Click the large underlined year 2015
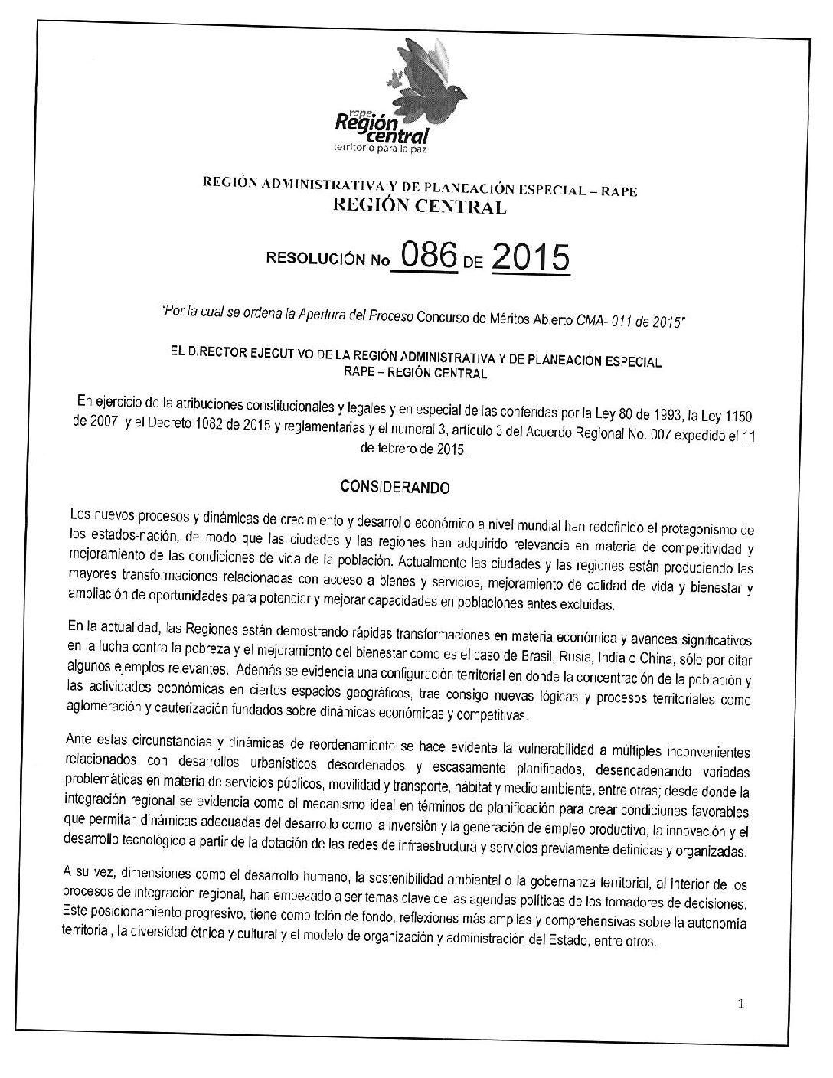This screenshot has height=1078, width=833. point(530,258)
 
